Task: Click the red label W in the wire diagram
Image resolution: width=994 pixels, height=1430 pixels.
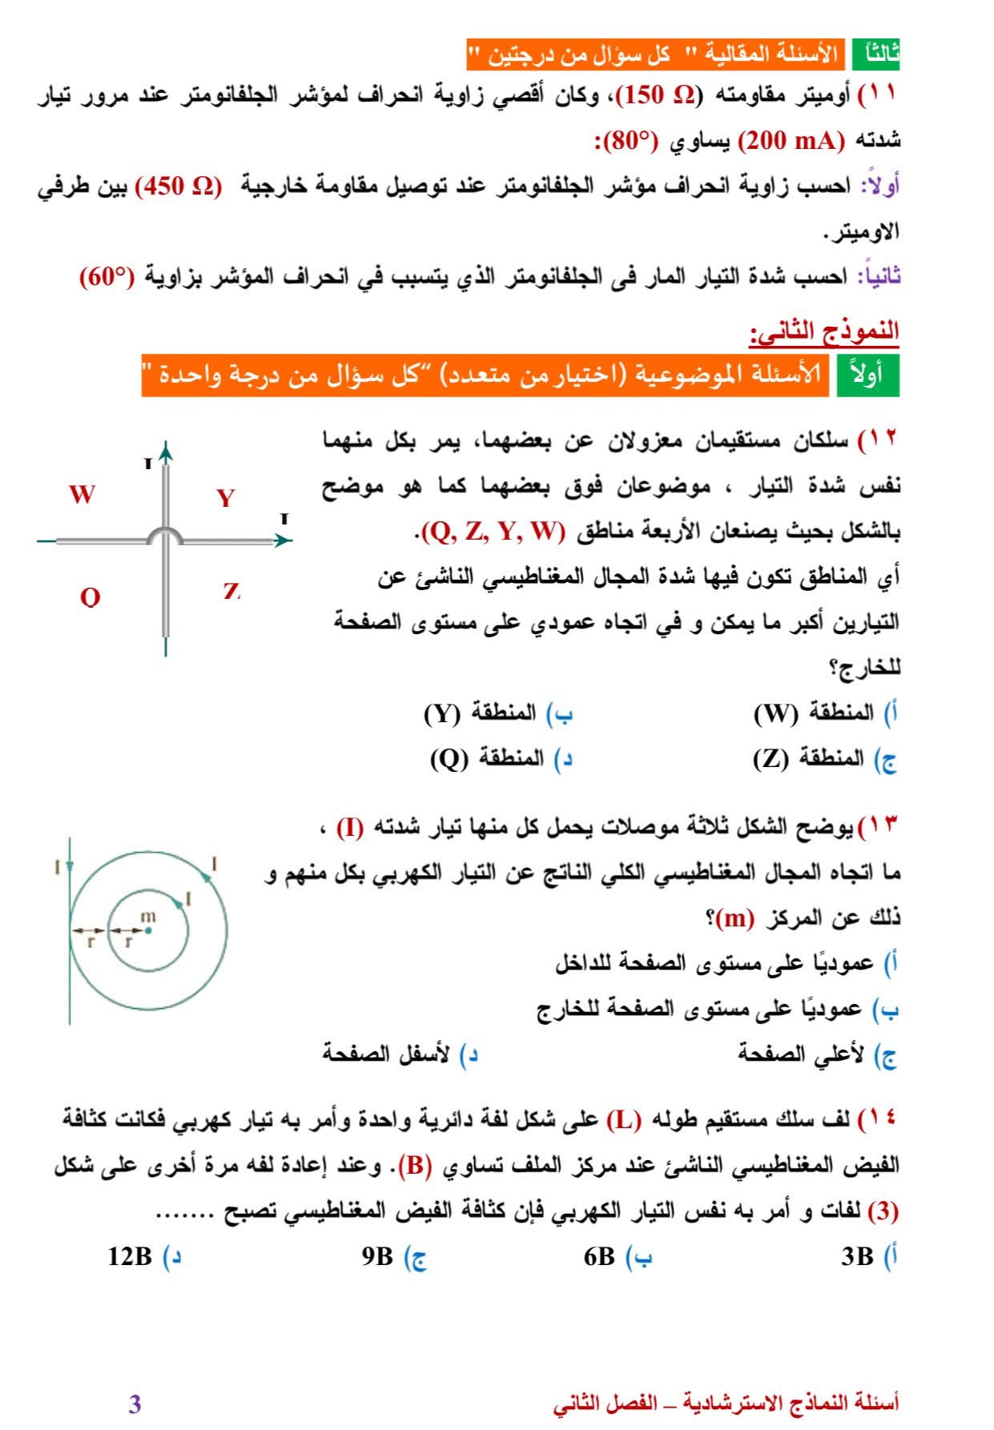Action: tap(82, 494)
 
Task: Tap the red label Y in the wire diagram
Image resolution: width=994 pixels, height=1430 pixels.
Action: tap(226, 498)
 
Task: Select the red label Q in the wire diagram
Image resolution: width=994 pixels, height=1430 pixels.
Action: tap(91, 597)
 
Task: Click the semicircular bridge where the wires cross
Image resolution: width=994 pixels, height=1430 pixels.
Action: tap(166, 534)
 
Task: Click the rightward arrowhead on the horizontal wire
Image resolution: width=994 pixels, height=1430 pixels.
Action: tap(281, 540)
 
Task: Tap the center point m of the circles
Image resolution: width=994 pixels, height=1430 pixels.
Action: tap(148, 930)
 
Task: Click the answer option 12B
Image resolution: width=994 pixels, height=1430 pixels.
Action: tap(130, 1256)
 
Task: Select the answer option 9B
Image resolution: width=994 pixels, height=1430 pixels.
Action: tap(377, 1256)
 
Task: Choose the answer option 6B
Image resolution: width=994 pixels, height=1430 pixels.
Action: tap(599, 1256)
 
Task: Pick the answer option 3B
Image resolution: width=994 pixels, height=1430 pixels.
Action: tap(857, 1256)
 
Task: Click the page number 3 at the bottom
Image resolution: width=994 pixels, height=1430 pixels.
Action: tap(135, 1404)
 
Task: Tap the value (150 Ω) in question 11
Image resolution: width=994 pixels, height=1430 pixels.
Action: tap(658, 95)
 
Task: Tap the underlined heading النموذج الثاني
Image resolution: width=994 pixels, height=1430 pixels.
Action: tap(824, 331)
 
